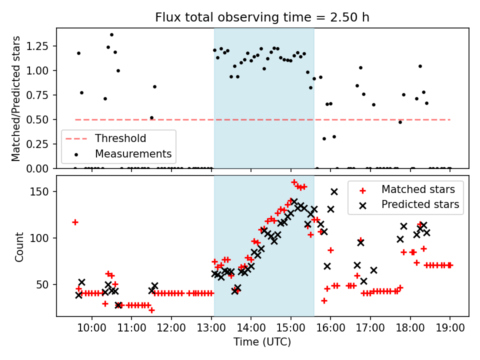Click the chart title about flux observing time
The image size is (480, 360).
coord(262,17)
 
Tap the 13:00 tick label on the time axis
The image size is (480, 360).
coord(211,328)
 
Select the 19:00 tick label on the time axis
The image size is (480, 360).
coord(449,328)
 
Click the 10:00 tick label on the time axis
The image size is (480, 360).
coord(92,328)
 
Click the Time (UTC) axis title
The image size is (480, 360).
coord(262,342)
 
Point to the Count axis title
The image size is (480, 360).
coord(19,247)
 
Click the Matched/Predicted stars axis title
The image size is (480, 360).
coord(16,98)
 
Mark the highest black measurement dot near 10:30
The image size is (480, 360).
coord(111,35)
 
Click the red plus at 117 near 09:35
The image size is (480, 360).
coord(75,222)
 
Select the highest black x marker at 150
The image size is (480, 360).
coord(334,191)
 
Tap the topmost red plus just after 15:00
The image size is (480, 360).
coord(294,182)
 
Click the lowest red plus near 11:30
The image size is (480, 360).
coord(151,310)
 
